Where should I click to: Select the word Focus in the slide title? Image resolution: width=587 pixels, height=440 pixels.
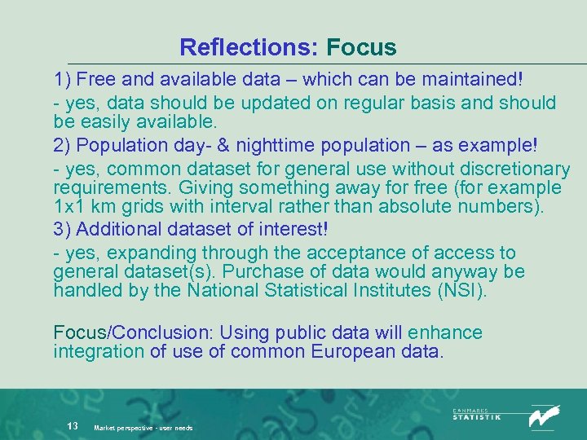[x=361, y=47]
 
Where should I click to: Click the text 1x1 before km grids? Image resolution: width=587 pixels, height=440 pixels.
[x=70, y=206]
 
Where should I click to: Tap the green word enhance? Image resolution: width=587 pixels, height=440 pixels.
[x=445, y=332]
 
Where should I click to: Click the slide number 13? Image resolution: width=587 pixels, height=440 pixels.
[x=73, y=425]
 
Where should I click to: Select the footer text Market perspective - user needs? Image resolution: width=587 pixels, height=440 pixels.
[x=143, y=427]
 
